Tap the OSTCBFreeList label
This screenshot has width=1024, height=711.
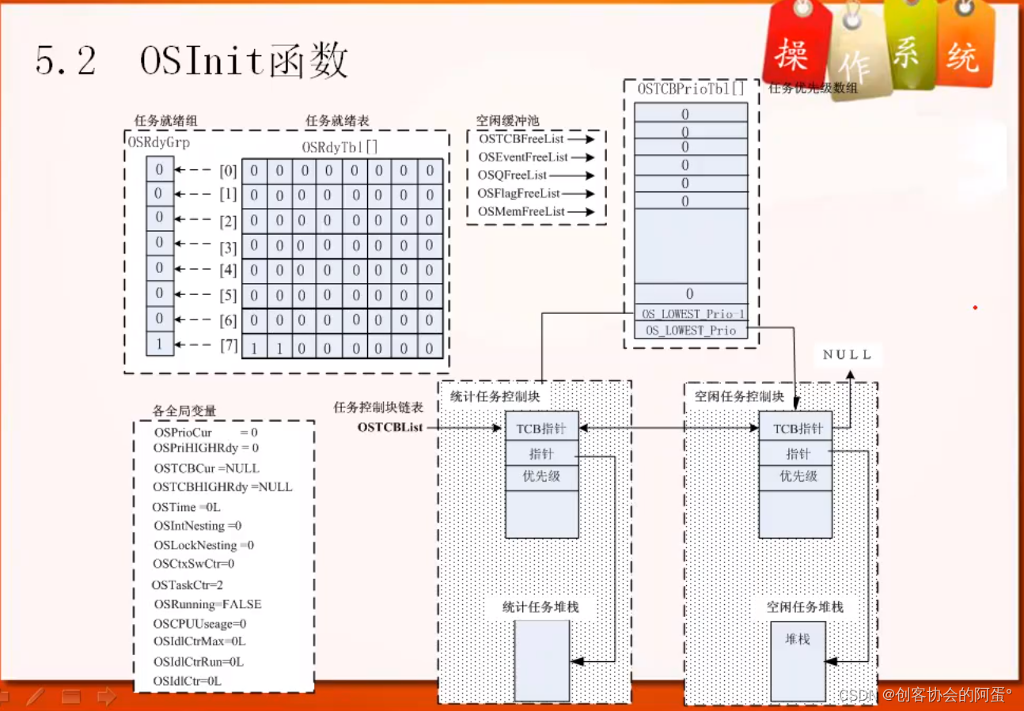(x=521, y=139)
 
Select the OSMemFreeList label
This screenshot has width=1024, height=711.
(x=521, y=211)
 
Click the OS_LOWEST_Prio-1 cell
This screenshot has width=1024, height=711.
(x=690, y=313)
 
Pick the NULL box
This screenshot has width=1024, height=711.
(x=847, y=355)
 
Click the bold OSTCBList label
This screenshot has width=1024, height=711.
(x=390, y=427)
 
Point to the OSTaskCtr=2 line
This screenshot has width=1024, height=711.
(x=188, y=584)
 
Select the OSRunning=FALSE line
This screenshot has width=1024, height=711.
(x=207, y=604)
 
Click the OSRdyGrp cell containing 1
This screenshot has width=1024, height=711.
(x=159, y=344)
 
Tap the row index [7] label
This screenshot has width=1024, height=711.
(x=228, y=346)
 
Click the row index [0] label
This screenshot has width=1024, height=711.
(x=228, y=171)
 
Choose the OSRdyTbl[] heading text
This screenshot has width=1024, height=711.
(x=339, y=148)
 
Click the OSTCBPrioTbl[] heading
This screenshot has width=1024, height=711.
(x=691, y=89)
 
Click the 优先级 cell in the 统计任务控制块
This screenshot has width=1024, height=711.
(x=541, y=476)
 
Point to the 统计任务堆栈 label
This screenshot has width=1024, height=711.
(x=540, y=607)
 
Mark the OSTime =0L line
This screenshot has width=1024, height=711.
(x=187, y=507)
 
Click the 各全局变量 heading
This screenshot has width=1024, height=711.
(x=184, y=410)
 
